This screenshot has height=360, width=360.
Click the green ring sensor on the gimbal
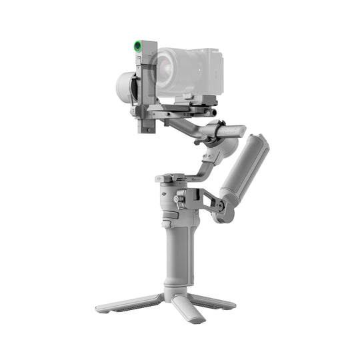click(x=137, y=46)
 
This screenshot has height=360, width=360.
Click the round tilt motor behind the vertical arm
click(x=125, y=87)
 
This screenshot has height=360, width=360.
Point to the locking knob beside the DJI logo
click(x=179, y=199)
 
